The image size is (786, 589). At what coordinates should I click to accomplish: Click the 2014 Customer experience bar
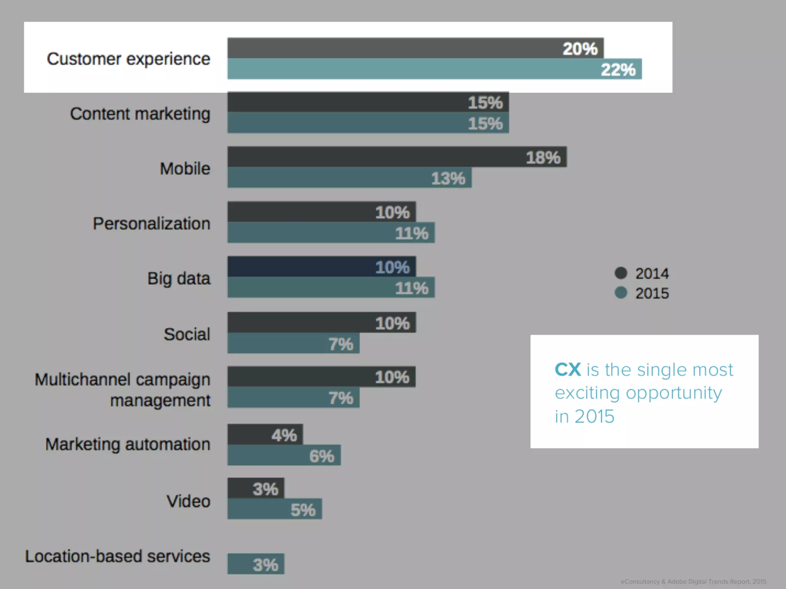[x=415, y=48]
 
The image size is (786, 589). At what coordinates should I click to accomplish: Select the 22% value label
[x=618, y=70]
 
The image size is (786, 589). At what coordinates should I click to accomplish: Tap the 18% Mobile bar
[x=397, y=157]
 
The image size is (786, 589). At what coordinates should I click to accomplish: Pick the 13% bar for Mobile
[x=349, y=178]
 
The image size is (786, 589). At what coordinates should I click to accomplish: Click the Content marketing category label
[x=140, y=114]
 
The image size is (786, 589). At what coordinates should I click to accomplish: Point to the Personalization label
[x=152, y=224]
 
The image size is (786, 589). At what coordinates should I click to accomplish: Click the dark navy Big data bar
[x=321, y=267]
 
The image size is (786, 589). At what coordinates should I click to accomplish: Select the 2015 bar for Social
[x=293, y=343]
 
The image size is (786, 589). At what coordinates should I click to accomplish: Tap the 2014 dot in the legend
[x=621, y=273]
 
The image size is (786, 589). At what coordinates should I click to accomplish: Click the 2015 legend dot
[x=621, y=293]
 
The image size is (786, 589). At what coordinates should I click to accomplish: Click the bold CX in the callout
[x=568, y=370]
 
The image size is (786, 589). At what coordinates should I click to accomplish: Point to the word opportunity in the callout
[x=674, y=393]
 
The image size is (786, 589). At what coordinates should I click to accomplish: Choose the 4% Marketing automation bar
[x=265, y=434]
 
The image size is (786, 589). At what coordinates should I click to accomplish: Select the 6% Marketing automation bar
[x=284, y=456]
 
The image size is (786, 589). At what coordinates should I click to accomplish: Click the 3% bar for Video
[x=256, y=488]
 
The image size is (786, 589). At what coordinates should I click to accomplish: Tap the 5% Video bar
[x=274, y=509]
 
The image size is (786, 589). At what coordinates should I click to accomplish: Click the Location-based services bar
[x=256, y=564]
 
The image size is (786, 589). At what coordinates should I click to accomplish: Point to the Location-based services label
[x=117, y=556]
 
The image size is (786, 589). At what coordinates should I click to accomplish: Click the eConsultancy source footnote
[x=693, y=582]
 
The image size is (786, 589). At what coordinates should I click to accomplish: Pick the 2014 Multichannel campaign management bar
[x=321, y=377]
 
